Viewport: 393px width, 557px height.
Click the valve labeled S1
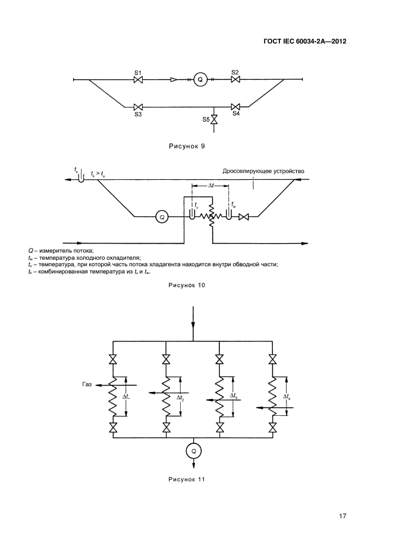tap(138, 79)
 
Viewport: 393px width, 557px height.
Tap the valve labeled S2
tap(235, 79)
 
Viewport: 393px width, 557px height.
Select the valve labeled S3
tap(138, 107)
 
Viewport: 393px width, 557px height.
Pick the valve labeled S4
tap(235, 107)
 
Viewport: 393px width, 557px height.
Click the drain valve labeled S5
tap(215, 120)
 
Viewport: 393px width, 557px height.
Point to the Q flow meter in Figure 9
tap(200, 79)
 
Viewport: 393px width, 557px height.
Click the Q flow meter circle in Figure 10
tap(161, 217)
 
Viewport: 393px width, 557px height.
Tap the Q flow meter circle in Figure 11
tap(193, 452)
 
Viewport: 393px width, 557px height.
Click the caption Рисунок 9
tap(187, 145)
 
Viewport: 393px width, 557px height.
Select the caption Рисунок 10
tap(187, 286)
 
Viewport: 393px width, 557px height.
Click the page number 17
tap(342, 516)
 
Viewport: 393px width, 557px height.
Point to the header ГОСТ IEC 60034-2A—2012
tap(304, 42)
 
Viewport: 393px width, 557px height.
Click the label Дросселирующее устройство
tap(263, 172)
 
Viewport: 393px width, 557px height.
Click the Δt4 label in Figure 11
tap(288, 397)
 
